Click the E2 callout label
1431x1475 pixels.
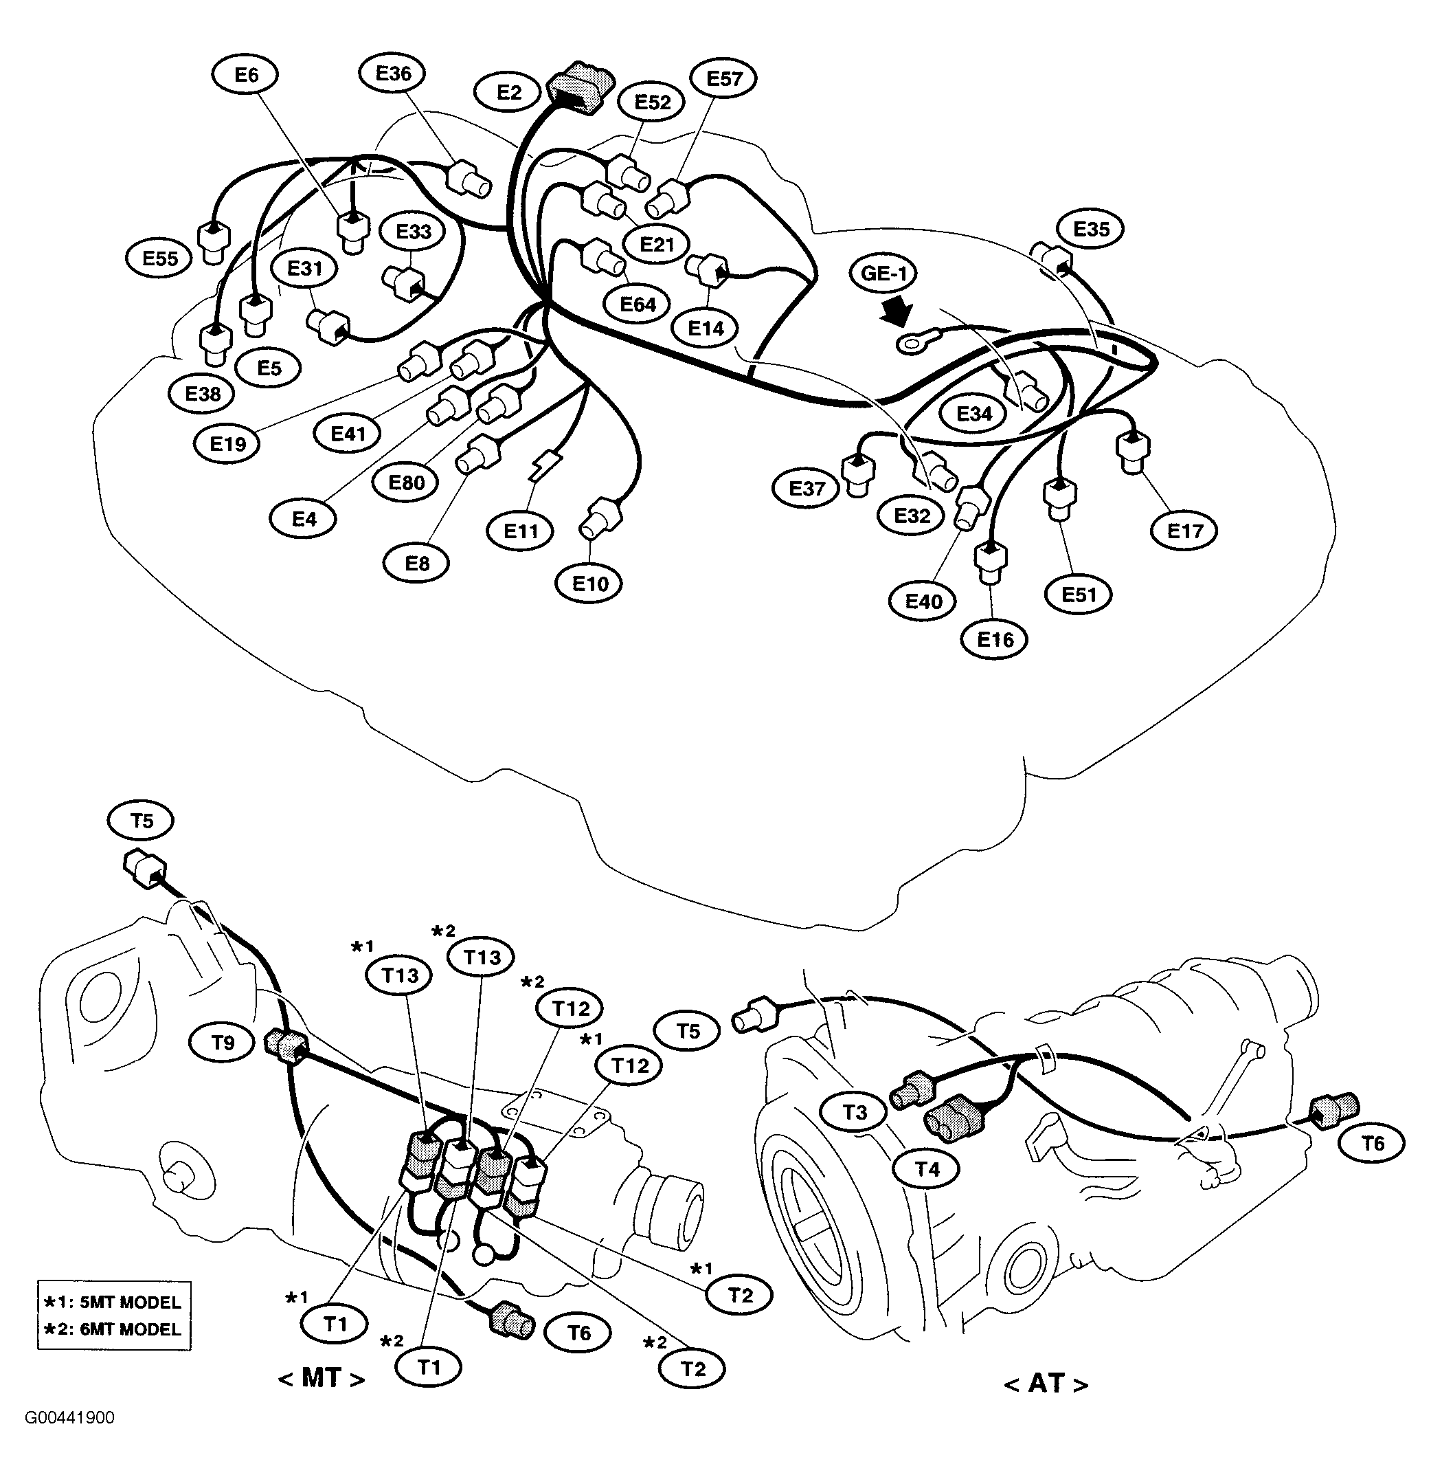click(x=508, y=93)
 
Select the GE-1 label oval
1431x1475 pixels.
click(x=884, y=273)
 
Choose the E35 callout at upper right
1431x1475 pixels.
click(x=1090, y=230)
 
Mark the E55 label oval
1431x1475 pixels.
click(x=160, y=259)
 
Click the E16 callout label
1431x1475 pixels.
click(x=995, y=641)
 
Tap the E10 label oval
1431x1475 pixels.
click(x=590, y=584)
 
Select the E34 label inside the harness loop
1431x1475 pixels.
click(x=973, y=414)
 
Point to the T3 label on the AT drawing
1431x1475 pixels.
click(x=855, y=1112)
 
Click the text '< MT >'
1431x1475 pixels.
click(x=322, y=1379)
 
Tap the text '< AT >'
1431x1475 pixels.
click(x=1046, y=1383)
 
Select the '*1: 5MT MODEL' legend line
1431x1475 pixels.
click(x=113, y=1302)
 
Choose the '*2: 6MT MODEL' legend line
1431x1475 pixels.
click(x=113, y=1330)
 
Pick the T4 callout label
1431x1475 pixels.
click(x=927, y=1169)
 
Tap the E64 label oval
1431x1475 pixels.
click(x=638, y=304)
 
